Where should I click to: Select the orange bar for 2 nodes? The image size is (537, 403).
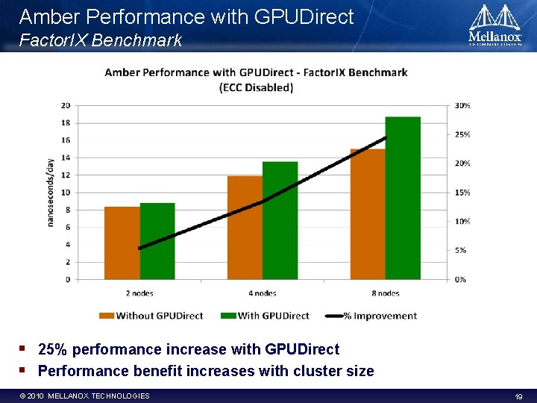122,243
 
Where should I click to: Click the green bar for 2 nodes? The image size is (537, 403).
157,241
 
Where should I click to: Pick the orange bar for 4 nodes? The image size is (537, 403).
245,228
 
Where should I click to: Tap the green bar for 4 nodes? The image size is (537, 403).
280,220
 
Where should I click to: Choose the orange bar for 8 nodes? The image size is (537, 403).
368,214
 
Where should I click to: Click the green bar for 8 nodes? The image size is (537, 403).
403,198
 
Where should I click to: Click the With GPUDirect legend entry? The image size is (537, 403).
266,316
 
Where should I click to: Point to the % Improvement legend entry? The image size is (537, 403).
371,316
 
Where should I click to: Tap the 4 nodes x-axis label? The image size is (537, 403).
262,293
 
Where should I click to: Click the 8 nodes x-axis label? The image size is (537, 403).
385,293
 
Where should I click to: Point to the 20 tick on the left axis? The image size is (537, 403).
66,105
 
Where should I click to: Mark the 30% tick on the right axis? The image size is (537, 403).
462,105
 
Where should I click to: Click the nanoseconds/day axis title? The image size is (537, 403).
51,192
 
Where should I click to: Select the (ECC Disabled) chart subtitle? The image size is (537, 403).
256,87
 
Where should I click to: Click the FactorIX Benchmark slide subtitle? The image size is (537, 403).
101,40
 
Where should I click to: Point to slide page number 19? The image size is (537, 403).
518,396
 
